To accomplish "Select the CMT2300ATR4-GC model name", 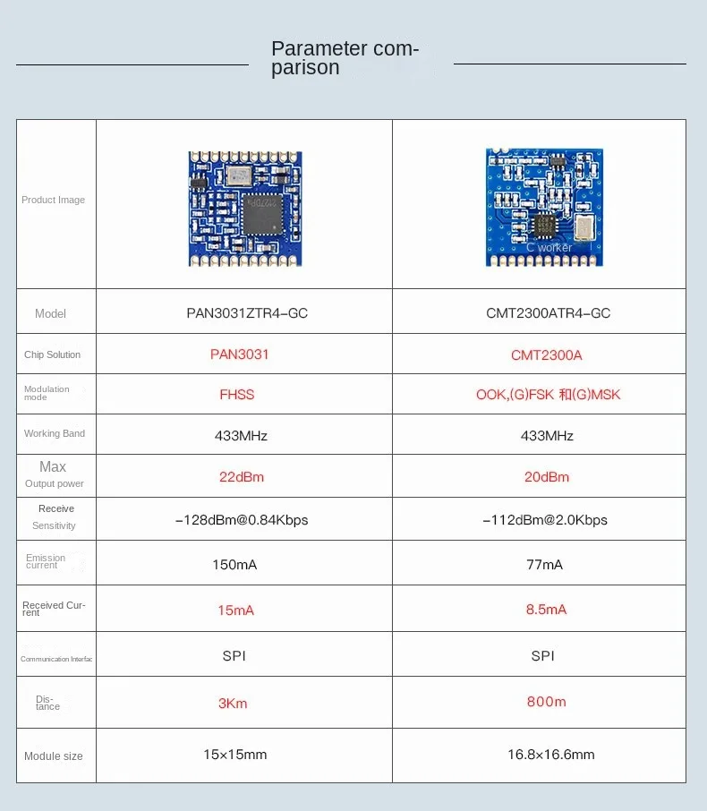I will coord(548,313).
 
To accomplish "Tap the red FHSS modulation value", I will coord(237,394).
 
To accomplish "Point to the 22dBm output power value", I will coord(242,477).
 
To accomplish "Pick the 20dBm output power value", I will coord(547,477).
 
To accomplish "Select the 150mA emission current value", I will coord(234,565).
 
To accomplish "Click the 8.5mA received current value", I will coord(546,610).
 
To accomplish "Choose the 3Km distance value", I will coord(233,704).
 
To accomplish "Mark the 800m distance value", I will coord(547,702).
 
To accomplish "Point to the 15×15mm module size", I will coord(234,755).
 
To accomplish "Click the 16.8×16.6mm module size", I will coord(550,755).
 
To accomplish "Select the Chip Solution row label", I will coord(52,355).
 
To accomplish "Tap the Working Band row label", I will coord(55,434).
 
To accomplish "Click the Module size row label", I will coord(54,756).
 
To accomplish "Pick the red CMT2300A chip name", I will coord(546,355).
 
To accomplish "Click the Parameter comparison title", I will coord(345,58).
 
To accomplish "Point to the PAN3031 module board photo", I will coord(240,208).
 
